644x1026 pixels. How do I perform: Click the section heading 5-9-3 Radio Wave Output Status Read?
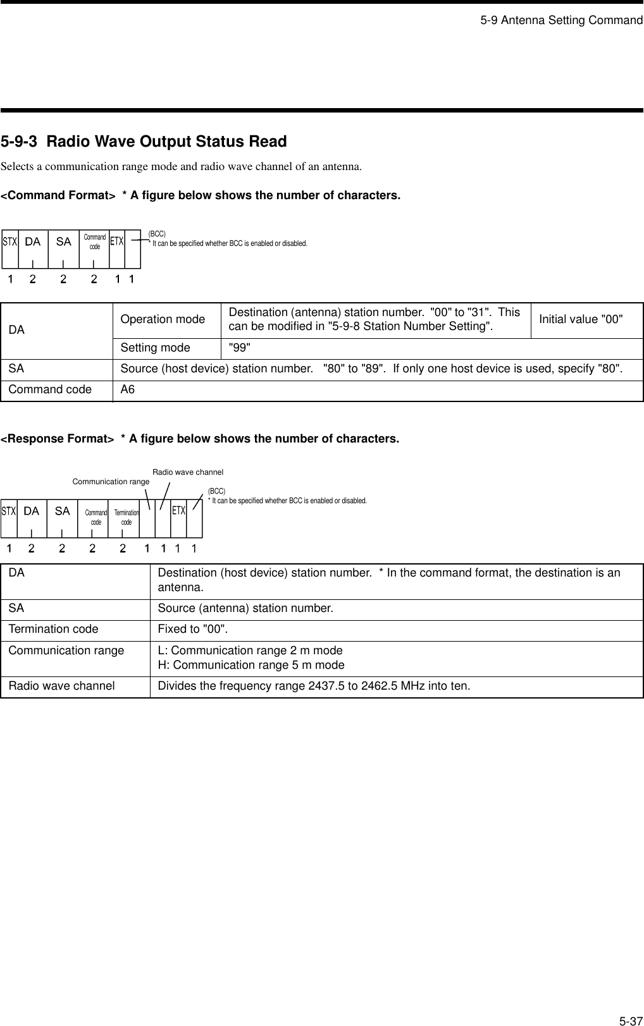click(x=144, y=142)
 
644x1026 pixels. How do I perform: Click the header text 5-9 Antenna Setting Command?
click(x=560, y=20)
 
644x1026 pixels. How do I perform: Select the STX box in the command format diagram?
click(x=9, y=241)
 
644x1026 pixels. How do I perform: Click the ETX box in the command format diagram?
click(x=117, y=241)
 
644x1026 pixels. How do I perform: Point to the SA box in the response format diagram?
click(x=62, y=511)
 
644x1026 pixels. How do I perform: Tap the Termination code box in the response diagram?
click(x=126, y=517)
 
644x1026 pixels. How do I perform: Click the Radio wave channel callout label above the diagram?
click(x=188, y=472)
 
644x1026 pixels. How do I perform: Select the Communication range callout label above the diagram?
click(x=111, y=482)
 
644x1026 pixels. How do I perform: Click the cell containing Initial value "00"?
click(x=581, y=319)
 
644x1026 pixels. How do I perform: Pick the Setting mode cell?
click(x=155, y=348)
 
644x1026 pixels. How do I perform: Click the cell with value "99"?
click(x=239, y=348)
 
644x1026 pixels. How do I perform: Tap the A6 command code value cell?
click(x=128, y=390)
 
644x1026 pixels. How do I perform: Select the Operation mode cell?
click(x=163, y=319)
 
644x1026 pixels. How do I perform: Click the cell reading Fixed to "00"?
click(x=193, y=630)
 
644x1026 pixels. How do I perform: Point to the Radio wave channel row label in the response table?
click(x=62, y=686)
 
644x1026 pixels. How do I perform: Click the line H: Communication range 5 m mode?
click(x=258, y=665)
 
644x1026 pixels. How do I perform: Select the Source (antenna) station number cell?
click(x=245, y=609)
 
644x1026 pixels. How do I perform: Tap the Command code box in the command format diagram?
click(x=94, y=241)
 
